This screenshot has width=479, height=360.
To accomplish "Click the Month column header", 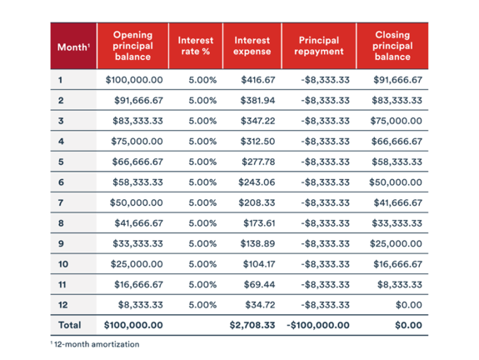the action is (x=73, y=47).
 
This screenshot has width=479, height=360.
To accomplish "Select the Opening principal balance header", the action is (x=133, y=46).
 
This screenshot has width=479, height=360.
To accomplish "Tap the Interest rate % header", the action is (x=196, y=46).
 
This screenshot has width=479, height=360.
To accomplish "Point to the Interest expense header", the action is (x=252, y=46).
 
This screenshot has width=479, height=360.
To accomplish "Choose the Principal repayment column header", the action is (x=319, y=46).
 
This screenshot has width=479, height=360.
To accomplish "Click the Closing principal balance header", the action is (x=392, y=46).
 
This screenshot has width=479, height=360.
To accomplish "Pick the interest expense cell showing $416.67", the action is (x=258, y=80).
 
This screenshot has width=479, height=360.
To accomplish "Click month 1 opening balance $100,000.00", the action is (x=134, y=80).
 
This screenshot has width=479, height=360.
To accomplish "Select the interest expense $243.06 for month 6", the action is (x=257, y=182).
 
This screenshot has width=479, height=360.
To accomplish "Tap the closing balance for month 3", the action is (x=397, y=121).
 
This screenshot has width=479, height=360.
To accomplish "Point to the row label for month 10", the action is (x=63, y=264).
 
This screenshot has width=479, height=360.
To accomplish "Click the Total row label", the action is (x=70, y=325).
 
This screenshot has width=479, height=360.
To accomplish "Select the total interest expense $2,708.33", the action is (x=252, y=325).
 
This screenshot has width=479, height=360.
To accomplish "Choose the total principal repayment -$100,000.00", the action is (x=318, y=325).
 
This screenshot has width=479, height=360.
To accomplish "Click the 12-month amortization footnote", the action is (x=95, y=344).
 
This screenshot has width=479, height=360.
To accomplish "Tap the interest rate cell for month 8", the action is (x=202, y=223).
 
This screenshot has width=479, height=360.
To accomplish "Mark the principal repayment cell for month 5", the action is (x=326, y=162).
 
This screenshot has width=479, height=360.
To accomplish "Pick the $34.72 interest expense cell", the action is (x=260, y=305).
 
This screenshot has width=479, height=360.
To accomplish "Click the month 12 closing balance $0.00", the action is (x=409, y=305).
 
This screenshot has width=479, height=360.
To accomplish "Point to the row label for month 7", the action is (x=61, y=203).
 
